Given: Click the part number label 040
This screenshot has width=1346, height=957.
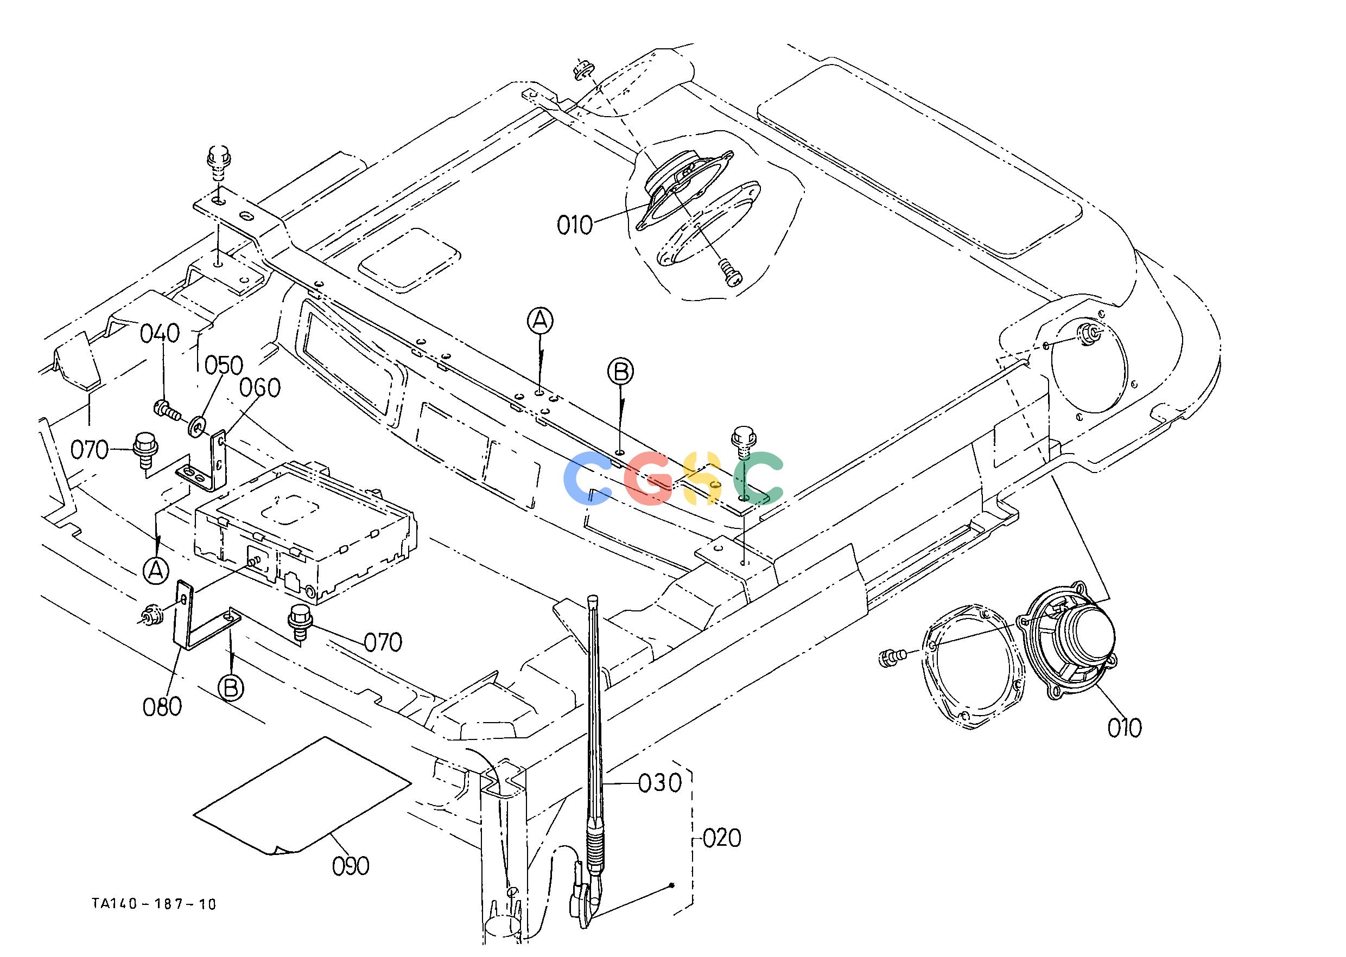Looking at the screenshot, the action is (160, 334).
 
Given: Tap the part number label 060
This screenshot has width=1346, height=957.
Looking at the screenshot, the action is (260, 388).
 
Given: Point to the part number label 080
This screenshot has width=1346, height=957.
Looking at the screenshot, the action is (162, 706).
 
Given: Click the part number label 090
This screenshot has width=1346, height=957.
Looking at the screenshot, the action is (351, 866).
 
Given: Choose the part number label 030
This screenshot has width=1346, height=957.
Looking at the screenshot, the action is (661, 783).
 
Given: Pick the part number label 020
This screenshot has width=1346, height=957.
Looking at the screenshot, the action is (722, 838).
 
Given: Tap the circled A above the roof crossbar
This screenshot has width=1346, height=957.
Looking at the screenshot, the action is (540, 321).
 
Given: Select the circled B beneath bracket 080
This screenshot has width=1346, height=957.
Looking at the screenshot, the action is (231, 687).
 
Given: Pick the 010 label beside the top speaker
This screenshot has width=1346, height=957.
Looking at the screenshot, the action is (574, 226).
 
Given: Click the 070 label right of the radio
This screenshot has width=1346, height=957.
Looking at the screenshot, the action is (383, 642).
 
